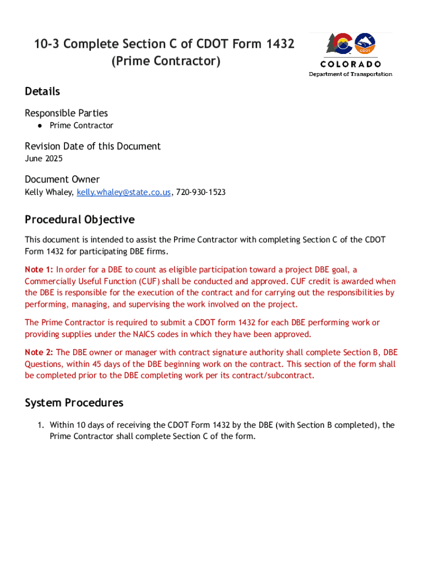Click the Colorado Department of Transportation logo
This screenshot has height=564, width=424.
(x=350, y=54)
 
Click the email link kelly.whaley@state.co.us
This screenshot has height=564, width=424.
(x=124, y=192)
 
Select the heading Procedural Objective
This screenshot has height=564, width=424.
(x=79, y=220)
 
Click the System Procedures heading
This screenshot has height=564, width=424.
(x=74, y=403)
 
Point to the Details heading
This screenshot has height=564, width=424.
(x=42, y=91)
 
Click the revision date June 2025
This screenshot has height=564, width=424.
(x=44, y=159)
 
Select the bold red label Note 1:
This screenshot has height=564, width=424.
(x=39, y=270)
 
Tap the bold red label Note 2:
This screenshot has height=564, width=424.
(x=39, y=352)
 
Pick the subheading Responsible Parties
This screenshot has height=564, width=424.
(x=66, y=113)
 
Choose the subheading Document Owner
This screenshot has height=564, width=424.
(x=62, y=179)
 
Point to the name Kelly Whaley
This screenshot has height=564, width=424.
(x=48, y=192)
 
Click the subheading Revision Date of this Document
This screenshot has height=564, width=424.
(x=93, y=146)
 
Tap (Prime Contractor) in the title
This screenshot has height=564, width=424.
(x=166, y=61)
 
